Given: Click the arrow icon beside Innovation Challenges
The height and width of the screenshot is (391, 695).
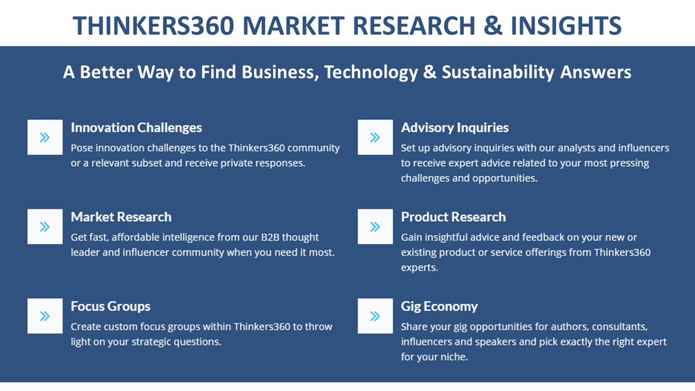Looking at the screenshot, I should [45, 137].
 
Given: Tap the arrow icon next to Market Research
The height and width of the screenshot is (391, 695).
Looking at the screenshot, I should [45, 226].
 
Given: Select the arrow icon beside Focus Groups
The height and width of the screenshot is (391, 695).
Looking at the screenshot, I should [45, 316].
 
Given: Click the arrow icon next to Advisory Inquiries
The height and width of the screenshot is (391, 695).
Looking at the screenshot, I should [375, 137].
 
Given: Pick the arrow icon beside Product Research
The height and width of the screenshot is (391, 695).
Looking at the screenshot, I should [375, 226].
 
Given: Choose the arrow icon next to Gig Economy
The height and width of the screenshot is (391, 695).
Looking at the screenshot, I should [375, 316].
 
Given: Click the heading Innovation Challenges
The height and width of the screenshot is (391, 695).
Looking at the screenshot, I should [136, 127].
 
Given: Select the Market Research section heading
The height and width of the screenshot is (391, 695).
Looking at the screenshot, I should [121, 217].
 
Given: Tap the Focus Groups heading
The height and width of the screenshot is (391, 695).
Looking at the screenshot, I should [110, 306].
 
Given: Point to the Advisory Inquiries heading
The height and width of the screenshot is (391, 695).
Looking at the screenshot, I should [455, 127].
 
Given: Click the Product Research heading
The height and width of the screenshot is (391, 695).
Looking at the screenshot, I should [453, 217].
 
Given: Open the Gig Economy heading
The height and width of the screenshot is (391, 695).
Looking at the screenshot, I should [439, 306].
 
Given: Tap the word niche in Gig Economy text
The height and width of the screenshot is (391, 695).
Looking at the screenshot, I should [453, 357].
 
